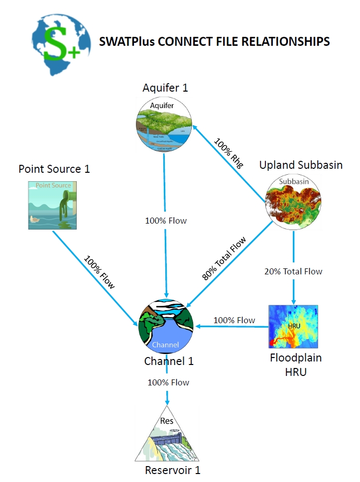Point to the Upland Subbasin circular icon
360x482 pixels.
294,202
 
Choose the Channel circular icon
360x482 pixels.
166,326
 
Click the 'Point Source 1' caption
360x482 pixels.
54,169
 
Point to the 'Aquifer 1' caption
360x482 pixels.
165,88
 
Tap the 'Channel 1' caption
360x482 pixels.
168,361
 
